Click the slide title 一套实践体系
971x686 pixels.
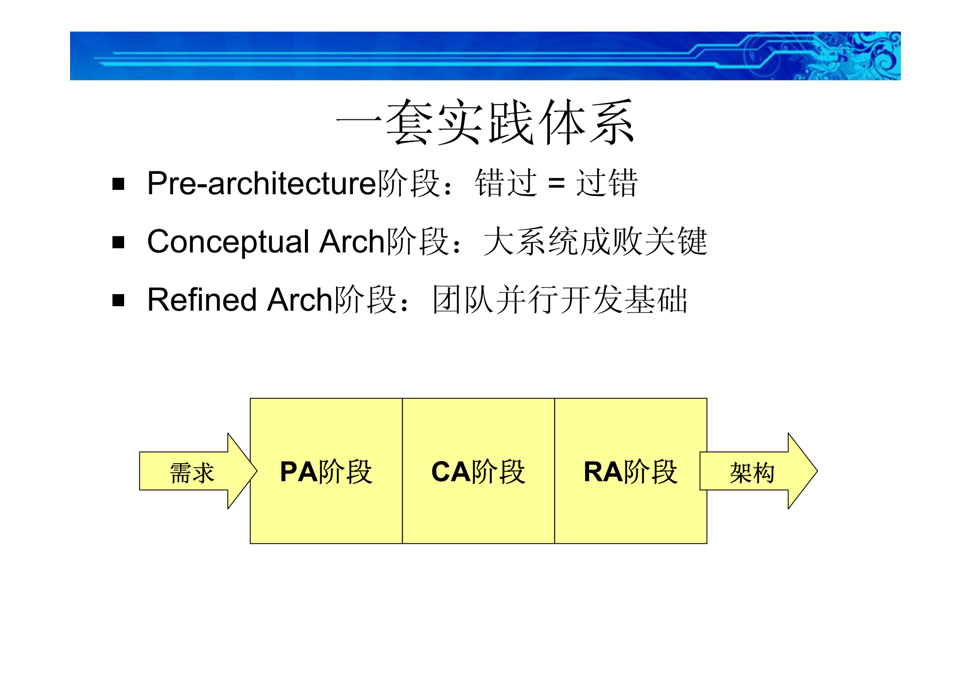point(485,122)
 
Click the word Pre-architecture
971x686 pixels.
point(262,183)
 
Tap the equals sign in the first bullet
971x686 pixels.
point(556,183)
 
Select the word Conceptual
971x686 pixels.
point(228,242)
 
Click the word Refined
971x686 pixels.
point(202,300)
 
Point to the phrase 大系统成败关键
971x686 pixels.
point(595,241)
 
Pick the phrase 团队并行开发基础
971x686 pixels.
point(560,300)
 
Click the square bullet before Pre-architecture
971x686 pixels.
point(118,184)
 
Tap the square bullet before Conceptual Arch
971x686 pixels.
point(118,242)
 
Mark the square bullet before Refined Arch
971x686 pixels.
point(118,300)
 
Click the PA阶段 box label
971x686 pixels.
point(326,471)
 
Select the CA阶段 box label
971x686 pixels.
point(478,471)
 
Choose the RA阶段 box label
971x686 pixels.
point(631,471)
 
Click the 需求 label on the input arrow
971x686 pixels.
point(192,472)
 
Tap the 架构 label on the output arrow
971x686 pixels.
point(752,472)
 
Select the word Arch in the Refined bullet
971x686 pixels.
point(300,300)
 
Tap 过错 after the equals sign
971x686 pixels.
point(606,183)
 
